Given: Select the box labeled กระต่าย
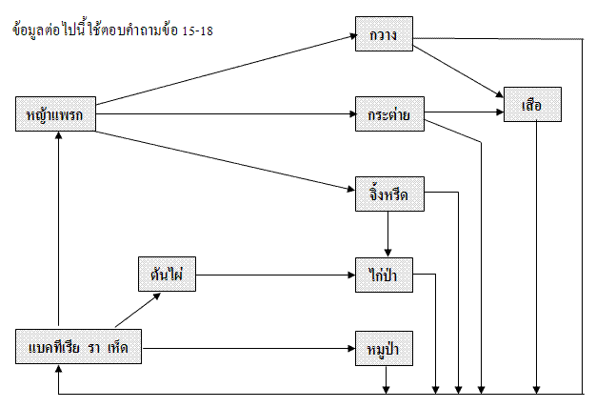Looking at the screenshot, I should point(388,115).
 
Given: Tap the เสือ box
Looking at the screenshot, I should point(532,105).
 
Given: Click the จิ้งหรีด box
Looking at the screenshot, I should point(388,195).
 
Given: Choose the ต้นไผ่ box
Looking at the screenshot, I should point(167,275).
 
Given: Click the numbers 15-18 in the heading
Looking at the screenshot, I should point(195,31).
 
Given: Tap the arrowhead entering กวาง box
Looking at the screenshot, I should point(349,37).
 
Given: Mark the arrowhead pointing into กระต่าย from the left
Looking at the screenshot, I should point(350,115).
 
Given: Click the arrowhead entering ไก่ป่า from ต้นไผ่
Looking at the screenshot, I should point(350,275).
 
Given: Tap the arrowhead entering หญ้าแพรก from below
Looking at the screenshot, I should point(60,138).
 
